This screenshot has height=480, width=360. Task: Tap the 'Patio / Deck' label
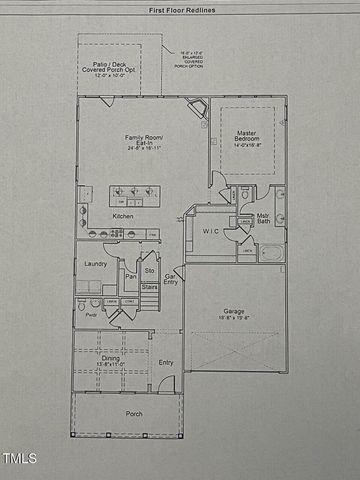click(x=110, y=67)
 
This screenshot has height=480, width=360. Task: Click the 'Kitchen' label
click(x=123, y=216)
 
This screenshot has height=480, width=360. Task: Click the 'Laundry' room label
click(x=96, y=264)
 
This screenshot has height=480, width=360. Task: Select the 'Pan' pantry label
click(x=131, y=277)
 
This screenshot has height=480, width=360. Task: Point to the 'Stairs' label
click(x=150, y=287)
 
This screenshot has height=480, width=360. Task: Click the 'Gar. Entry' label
click(x=171, y=280)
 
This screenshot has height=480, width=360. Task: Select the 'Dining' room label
click(x=111, y=358)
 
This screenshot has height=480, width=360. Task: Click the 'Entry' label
click(x=166, y=362)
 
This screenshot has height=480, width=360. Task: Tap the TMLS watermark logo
click(x=20, y=460)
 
